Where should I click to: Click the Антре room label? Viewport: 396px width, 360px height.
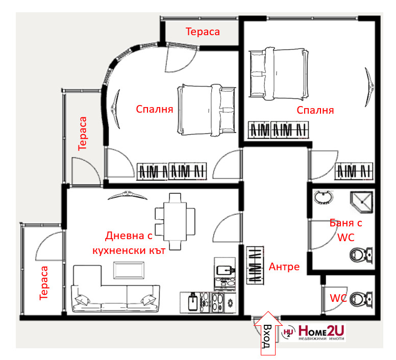pos(284,267)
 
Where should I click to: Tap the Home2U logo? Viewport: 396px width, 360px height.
pos(313,332)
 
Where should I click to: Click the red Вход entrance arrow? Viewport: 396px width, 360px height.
pos(268,333)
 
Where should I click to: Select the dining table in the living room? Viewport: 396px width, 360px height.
pos(175,221)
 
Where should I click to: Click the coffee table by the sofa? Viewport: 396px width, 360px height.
pos(129,270)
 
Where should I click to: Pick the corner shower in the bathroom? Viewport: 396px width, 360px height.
pos(362,202)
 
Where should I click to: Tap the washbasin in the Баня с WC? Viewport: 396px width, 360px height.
pos(323,197)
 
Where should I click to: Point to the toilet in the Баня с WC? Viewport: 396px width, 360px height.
pos(361,255)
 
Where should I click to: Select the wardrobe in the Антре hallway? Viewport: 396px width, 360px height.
pos(255,265)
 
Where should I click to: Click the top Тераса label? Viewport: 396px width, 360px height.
pos(203,32)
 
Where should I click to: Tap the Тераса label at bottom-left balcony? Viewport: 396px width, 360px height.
pos(44,283)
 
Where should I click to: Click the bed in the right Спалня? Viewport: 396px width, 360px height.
pos(279,73)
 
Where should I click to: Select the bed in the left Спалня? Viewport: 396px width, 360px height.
pos(207,110)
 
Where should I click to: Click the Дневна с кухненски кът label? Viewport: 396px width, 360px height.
pos(129,243)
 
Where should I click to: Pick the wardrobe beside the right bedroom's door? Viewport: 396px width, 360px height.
pos(354,171)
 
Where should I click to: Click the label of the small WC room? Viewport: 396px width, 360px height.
pos(338,298)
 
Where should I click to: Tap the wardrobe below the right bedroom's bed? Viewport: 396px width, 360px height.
pos(278,130)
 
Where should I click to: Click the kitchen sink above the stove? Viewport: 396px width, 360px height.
pos(225,270)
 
